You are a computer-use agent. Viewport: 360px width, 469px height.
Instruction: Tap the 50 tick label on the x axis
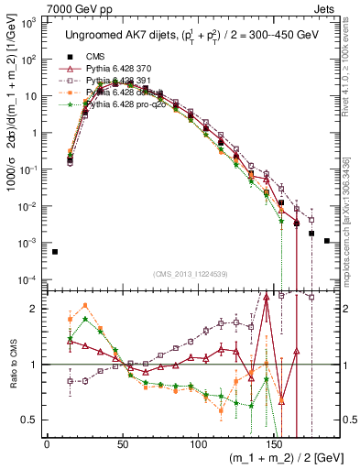[123, 439]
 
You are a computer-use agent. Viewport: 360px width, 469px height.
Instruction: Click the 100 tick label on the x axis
[199, 439]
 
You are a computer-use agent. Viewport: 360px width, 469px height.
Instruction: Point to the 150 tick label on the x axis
[275, 439]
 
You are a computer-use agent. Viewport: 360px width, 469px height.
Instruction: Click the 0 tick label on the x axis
[47, 439]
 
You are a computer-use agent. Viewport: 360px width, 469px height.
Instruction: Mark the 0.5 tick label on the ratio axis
[31, 420]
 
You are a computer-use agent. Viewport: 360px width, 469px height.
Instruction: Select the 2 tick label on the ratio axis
[36, 308]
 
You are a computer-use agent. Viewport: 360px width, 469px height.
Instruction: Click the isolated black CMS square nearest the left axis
[55, 252]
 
